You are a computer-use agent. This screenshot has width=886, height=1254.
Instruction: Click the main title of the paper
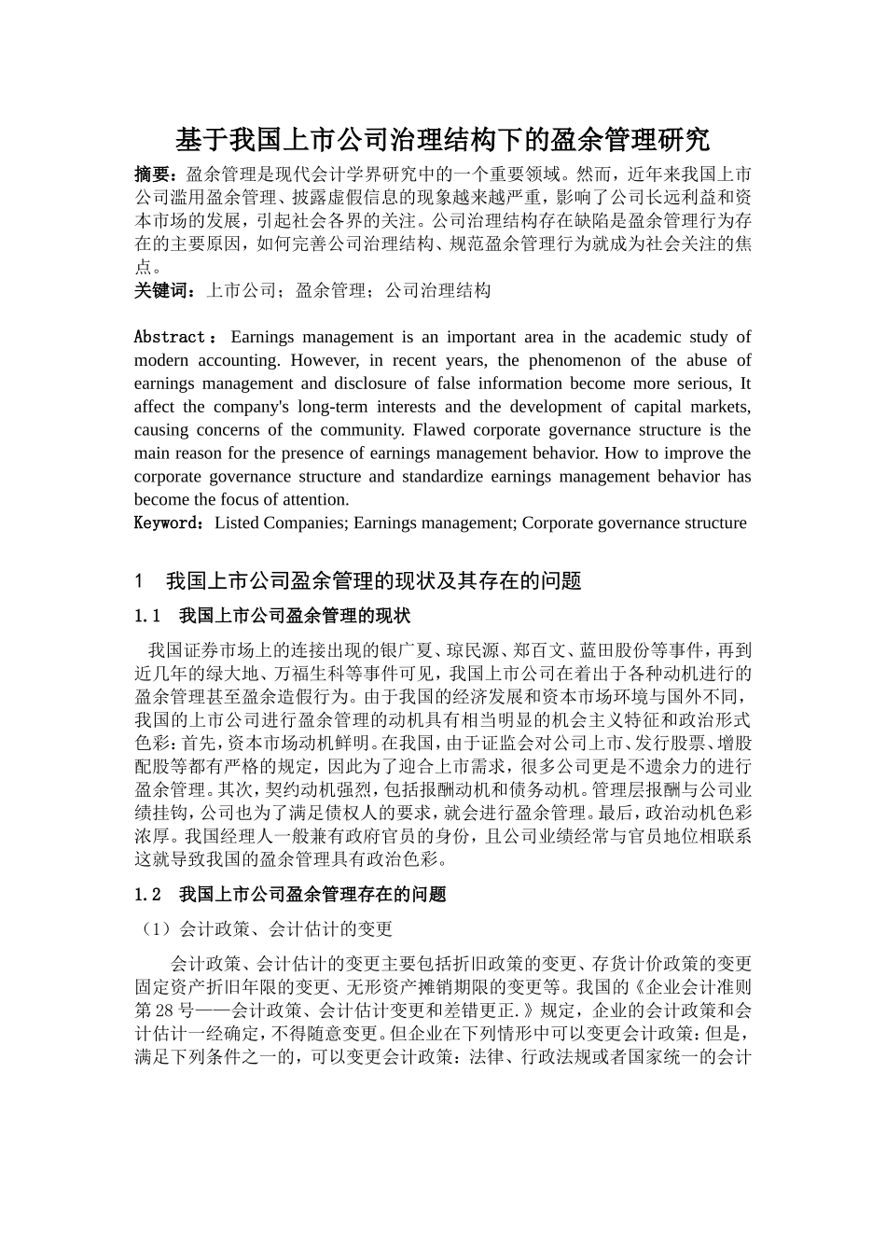[443, 140]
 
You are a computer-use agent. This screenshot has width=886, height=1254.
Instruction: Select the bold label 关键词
[162, 290]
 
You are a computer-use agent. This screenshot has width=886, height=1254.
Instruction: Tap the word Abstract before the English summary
[170, 337]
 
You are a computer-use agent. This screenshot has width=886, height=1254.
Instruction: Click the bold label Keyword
[168, 522]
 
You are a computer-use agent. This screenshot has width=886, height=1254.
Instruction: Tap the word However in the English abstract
[324, 360]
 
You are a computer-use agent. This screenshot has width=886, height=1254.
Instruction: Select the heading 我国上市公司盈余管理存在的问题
[312, 895]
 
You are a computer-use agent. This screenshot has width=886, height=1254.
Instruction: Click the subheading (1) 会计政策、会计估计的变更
[264, 929]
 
